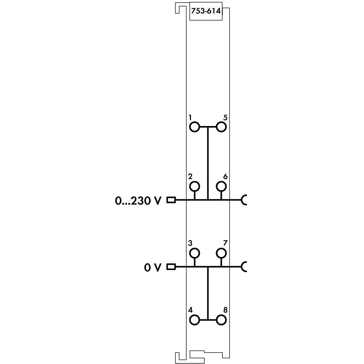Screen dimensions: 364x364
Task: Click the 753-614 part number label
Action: (x=205, y=12)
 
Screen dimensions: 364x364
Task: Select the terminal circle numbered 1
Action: (x=194, y=127)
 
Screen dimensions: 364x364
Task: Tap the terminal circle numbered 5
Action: (x=221, y=127)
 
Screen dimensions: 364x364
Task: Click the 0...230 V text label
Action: (x=138, y=201)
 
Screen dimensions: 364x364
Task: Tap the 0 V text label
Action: (x=153, y=267)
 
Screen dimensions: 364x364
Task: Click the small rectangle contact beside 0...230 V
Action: (x=171, y=200)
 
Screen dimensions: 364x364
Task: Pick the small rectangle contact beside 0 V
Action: (x=171, y=267)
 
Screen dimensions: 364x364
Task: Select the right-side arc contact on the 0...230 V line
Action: (x=244, y=200)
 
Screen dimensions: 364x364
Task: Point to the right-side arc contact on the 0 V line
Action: (x=244, y=267)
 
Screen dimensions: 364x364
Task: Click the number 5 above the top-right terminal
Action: (x=225, y=118)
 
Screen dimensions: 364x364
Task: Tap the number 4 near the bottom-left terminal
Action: (x=190, y=310)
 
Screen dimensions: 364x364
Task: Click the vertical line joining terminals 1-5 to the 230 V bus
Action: (x=207, y=162)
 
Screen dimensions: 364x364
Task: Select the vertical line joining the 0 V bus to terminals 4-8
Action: (x=207, y=292)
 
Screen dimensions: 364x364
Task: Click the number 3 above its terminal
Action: (x=190, y=243)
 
